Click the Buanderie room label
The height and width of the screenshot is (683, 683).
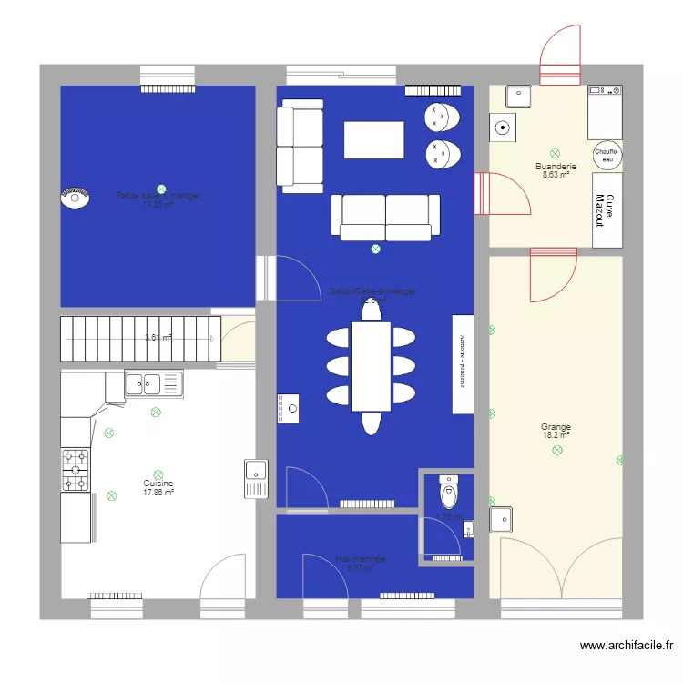click(556, 167)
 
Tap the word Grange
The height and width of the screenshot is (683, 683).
click(556, 426)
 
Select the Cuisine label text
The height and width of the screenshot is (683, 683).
click(158, 484)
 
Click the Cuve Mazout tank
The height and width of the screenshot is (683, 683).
click(606, 209)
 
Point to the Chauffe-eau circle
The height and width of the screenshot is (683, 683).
click(606, 155)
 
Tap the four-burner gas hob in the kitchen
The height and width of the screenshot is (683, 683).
click(76, 469)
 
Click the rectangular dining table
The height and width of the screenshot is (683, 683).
click(371, 365)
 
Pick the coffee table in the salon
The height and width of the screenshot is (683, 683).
click(373, 140)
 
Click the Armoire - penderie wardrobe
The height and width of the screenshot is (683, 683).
click(463, 364)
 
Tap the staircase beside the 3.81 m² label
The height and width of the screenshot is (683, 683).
click(140, 339)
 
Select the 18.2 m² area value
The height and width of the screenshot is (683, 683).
click(556, 436)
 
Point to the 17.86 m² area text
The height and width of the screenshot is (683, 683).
click(158, 493)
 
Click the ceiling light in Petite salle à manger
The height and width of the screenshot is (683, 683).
click(161, 189)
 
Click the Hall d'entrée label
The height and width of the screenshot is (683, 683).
click(360, 558)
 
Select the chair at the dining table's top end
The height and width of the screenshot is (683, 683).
click(371, 310)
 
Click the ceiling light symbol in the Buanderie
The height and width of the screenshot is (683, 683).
click(555, 153)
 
